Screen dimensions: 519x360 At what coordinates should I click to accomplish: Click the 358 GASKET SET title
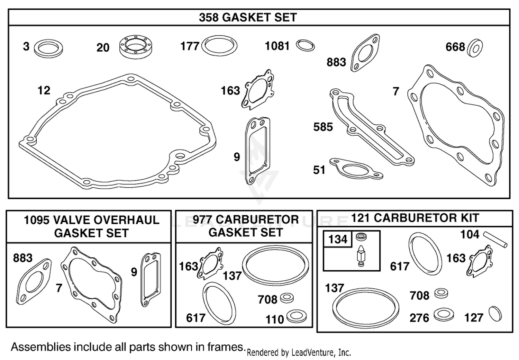point(248,17)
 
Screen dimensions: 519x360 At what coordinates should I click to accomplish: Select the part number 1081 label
point(277,46)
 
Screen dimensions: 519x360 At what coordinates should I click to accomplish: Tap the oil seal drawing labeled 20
point(136,47)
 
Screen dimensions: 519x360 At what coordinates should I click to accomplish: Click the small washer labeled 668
point(475,48)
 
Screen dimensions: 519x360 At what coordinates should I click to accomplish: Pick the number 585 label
point(323,127)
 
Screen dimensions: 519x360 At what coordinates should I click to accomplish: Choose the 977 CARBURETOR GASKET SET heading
point(246,226)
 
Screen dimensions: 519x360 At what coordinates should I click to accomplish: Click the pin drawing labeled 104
point(495,240)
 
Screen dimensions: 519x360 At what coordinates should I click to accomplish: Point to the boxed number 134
point(338,239)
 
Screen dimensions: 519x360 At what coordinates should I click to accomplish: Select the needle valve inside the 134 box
point(361,256)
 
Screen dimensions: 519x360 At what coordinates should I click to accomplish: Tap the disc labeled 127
point(495,314)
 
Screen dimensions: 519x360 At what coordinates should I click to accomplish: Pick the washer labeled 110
point(296,316)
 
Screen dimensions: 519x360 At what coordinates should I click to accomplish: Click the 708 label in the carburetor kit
point(419,296)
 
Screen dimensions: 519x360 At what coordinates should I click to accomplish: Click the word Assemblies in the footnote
point(41,347)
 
